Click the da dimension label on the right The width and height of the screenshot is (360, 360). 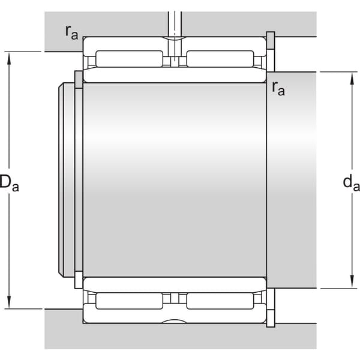point(351,182)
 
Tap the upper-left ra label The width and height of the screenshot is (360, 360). point(71,32)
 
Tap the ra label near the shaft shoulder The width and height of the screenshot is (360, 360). point(278,88)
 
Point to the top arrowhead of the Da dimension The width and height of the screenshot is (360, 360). point(9,58)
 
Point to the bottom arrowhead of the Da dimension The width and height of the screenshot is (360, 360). point(9,302)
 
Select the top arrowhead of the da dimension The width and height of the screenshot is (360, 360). point(352,79)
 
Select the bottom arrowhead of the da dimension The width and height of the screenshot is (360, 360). point(352,282)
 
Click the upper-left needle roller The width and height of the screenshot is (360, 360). point(129,59)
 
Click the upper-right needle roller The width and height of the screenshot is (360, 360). point(220,59)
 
